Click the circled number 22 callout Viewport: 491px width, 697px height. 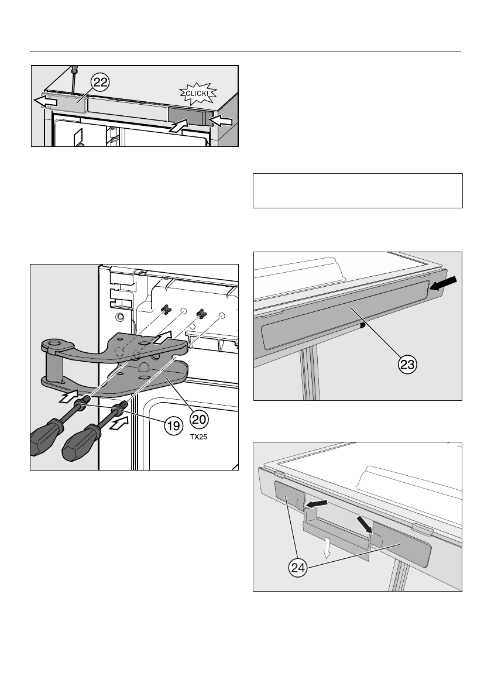click(x=100, y=83)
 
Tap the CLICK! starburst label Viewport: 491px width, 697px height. click(x=198, y=94)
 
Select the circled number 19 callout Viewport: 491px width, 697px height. click(x=174, y=426)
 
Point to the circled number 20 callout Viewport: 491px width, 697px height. click(x=199, y=419)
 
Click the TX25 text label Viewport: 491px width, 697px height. click(x=198, y=437)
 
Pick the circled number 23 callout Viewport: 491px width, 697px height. click(x=407, y=365)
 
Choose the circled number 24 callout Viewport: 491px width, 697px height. click(x=298, y=568)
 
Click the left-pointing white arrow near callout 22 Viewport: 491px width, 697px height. click(x=46, y=102)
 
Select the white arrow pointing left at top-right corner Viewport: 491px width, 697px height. click(x=221, y=121)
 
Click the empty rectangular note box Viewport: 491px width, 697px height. click(x=358, y=191)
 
